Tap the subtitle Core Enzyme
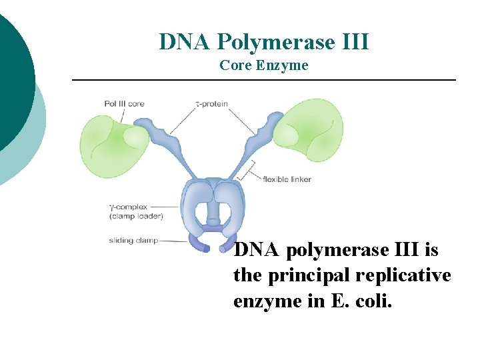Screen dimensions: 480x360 point(264,65)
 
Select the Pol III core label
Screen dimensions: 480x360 point(124,103)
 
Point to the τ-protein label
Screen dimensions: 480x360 point(212,103)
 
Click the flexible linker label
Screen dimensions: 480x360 point(287,179)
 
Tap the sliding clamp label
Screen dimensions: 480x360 point(133,240)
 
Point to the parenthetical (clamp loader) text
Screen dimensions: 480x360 point(134,216)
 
